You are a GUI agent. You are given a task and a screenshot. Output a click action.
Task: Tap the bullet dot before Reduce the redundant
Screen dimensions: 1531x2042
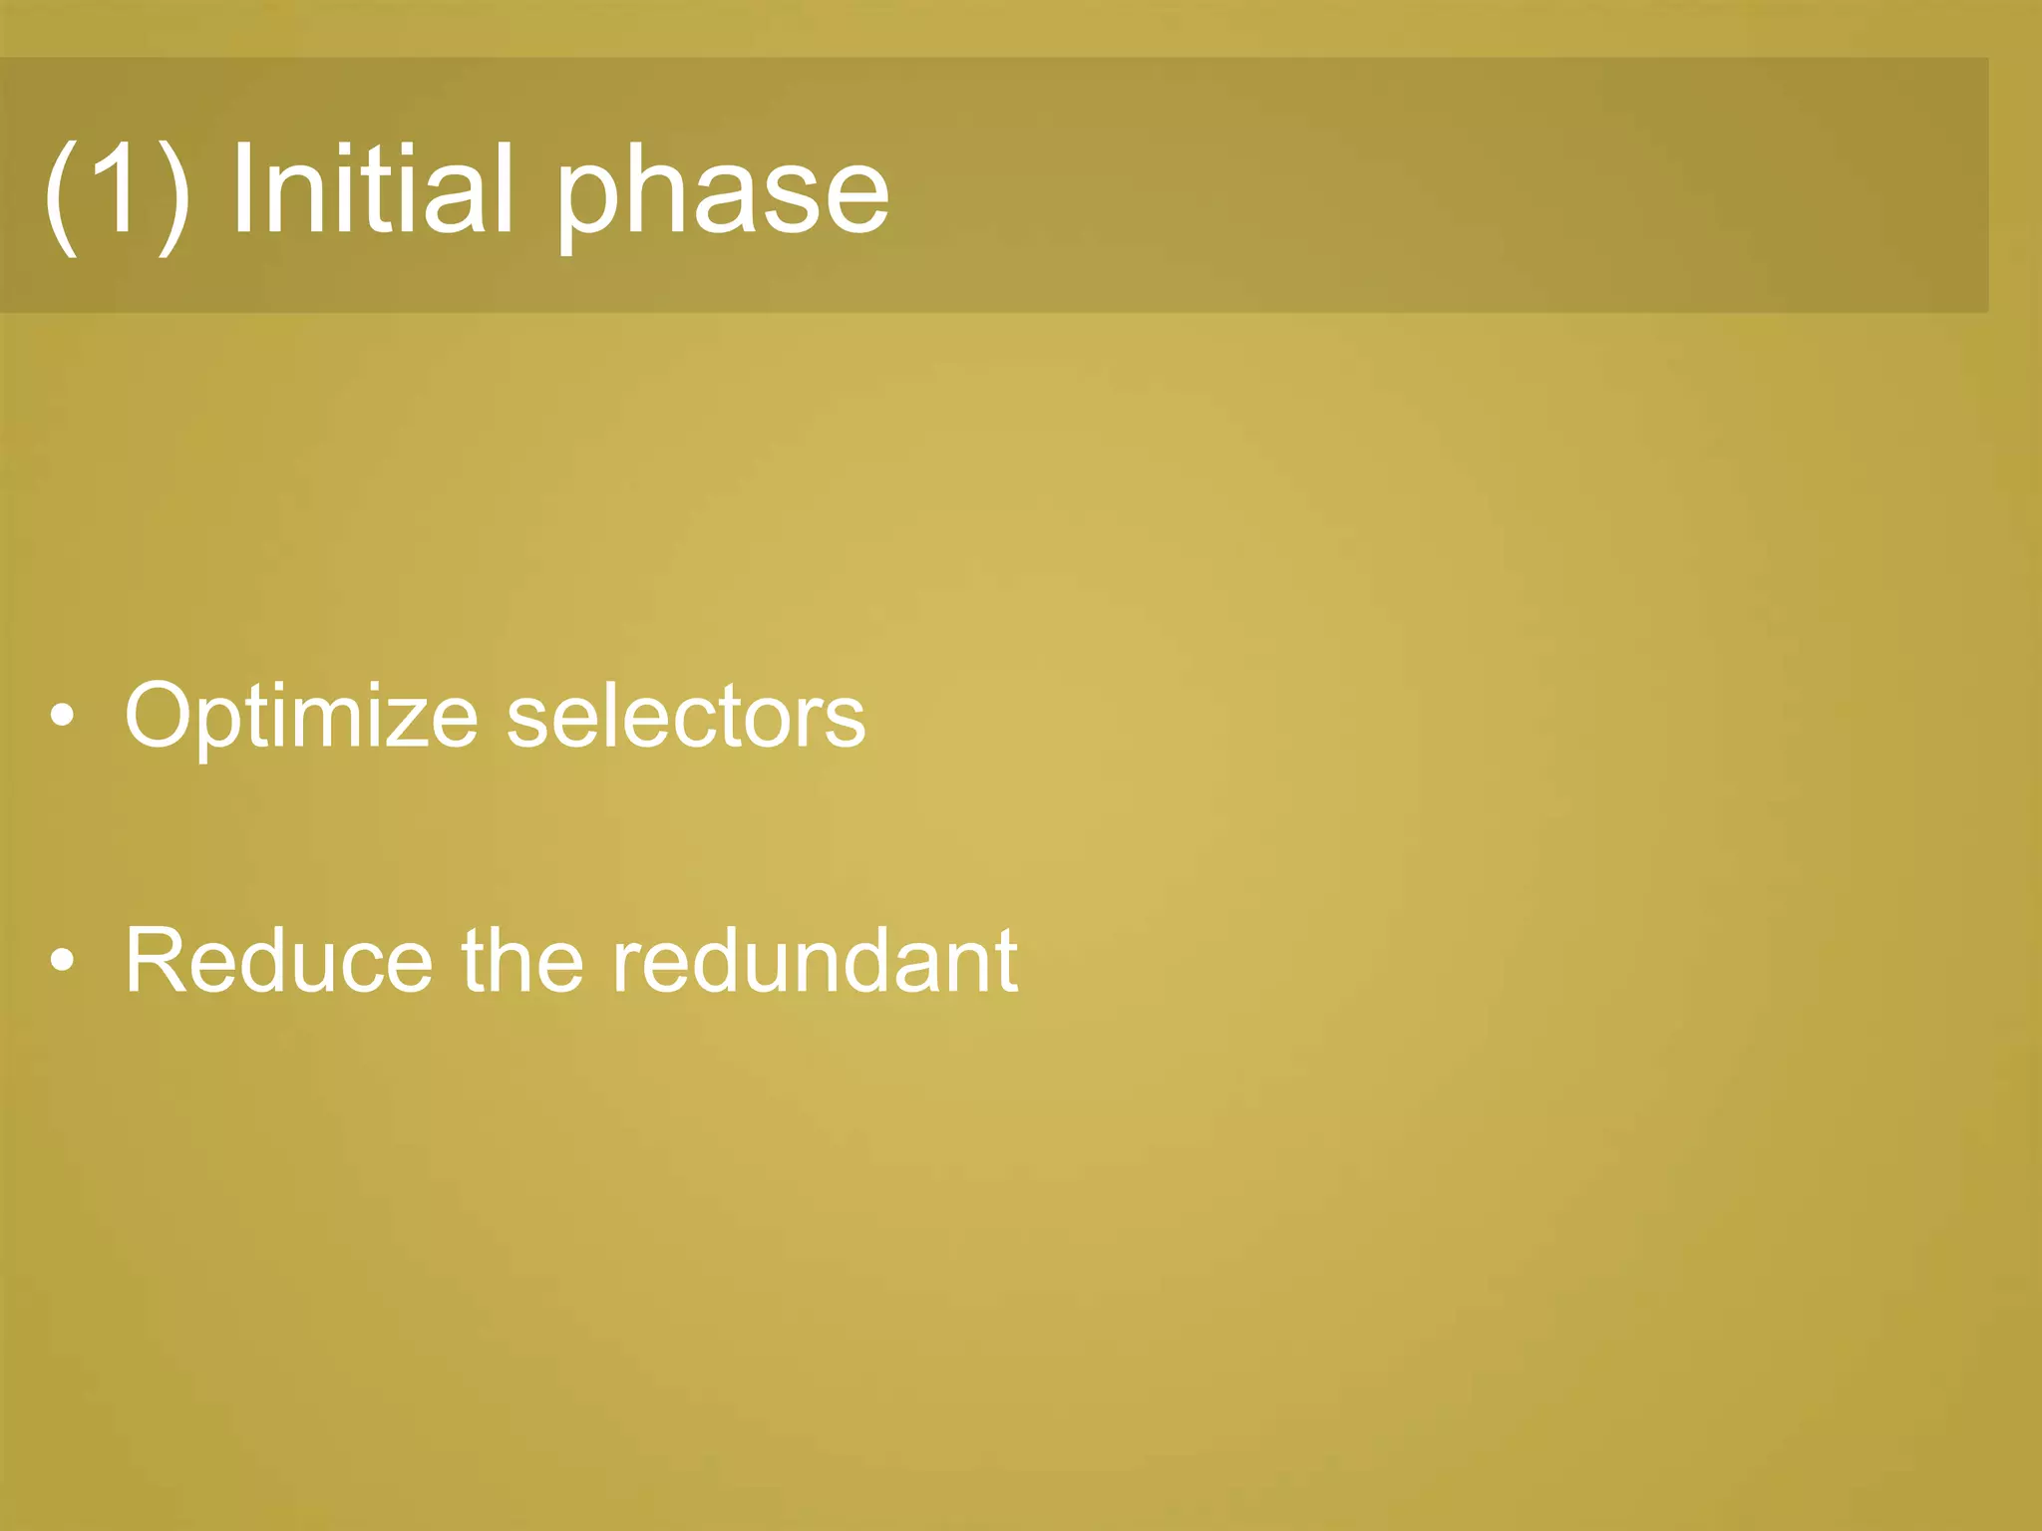(x=62, y=961)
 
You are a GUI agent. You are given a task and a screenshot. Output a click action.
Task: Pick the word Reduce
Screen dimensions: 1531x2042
(x=279, y=961)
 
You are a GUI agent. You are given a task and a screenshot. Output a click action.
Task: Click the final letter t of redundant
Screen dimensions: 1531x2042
(x=1004, y=963)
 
